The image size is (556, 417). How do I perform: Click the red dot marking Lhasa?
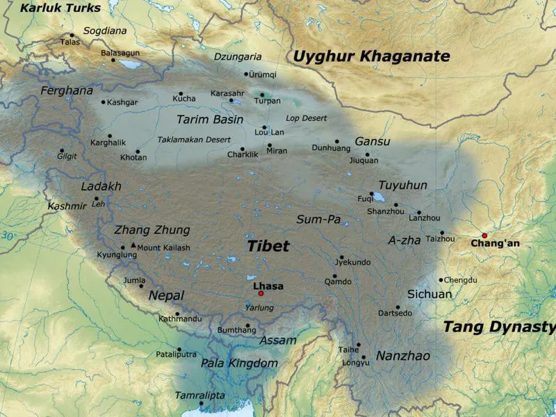pyautogui.click(x=261, y=293)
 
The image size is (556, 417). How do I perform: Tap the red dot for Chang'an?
pyautogui.click(x=484, y=236)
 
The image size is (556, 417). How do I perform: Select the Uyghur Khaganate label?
pyautogui.click(x=371, y=57)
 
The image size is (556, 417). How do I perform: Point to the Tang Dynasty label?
pyautogui.click(x=499, y=327)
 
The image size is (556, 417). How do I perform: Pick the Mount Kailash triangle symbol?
pyautogui.click(x=133, y=245)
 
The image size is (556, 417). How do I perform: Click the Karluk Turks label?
pyautogui.click(x=60, y=8)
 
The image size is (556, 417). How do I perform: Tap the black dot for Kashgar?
pyautogui.click(x=104, y=102)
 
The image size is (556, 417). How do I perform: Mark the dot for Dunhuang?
pyautogui.click(x=337, y=141)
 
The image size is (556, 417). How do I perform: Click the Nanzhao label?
pyautogui.click(x=403, y=356)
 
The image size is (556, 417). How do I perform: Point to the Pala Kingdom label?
pyautogui.click(x=239, y=363)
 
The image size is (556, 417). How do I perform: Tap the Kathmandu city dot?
pyautogui.click(x=177, y=313)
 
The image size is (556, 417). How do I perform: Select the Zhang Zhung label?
pyautogui.click(x=152, y=230)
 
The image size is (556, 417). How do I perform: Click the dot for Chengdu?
pyautogui.click(x=441, y=280)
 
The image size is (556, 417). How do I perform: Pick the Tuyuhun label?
pyautogui.click(x=403, y=185)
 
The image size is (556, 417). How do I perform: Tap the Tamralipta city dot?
pyautogui.click(x=201, y=404)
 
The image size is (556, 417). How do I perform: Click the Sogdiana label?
pyautogui.click(x=105, y=31)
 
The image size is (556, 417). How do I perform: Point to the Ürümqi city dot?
pyautogui.click(x=246, y=74)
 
